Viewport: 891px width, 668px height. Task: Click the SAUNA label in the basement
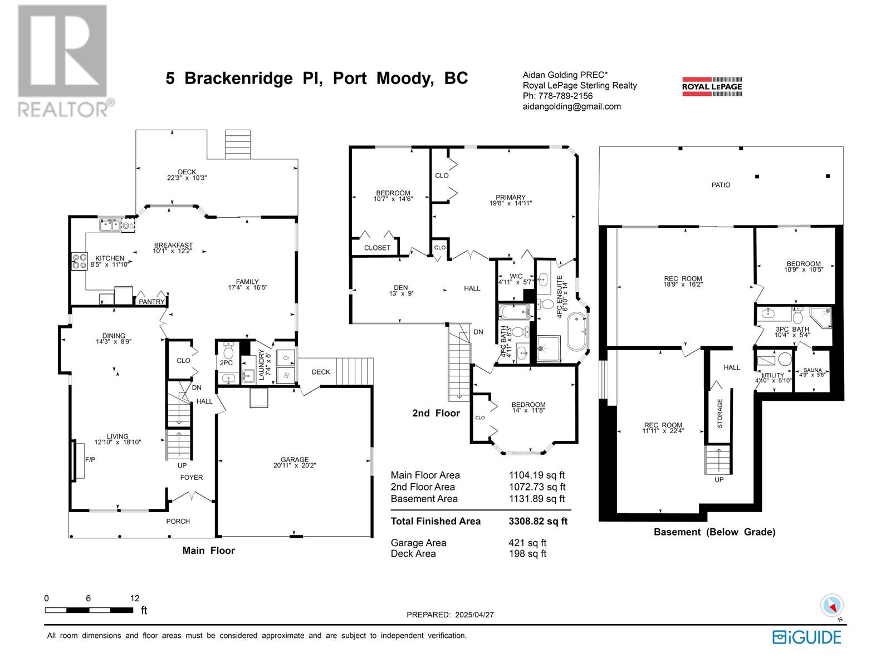point(812,370)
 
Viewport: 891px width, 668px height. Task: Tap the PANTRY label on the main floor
point(151,302)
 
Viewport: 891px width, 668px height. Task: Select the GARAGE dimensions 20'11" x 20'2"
point(294,465)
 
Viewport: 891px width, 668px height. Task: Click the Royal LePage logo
point(712,86)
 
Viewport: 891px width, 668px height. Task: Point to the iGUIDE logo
point(806,637)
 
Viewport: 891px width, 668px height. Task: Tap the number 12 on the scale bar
point(135,598)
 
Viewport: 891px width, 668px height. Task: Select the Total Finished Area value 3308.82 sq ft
point(538,521)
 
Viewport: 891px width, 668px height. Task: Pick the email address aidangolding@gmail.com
point(571,107)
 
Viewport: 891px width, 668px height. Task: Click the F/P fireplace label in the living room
point(90,460)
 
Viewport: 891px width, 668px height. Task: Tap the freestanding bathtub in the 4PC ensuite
point(577,331)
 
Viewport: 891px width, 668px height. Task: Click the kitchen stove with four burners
point(79,261)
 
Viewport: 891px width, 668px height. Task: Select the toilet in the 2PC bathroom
point(228,350)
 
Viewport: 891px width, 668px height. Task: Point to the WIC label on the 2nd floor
point(516,276)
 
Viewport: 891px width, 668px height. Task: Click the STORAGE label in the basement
point(719,413)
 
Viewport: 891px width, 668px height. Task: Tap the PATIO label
point(721,185)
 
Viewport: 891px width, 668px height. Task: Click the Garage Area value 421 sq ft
point(527,543)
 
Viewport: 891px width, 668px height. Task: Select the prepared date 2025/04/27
point(474,615)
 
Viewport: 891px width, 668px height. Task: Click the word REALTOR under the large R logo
point(63,109)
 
